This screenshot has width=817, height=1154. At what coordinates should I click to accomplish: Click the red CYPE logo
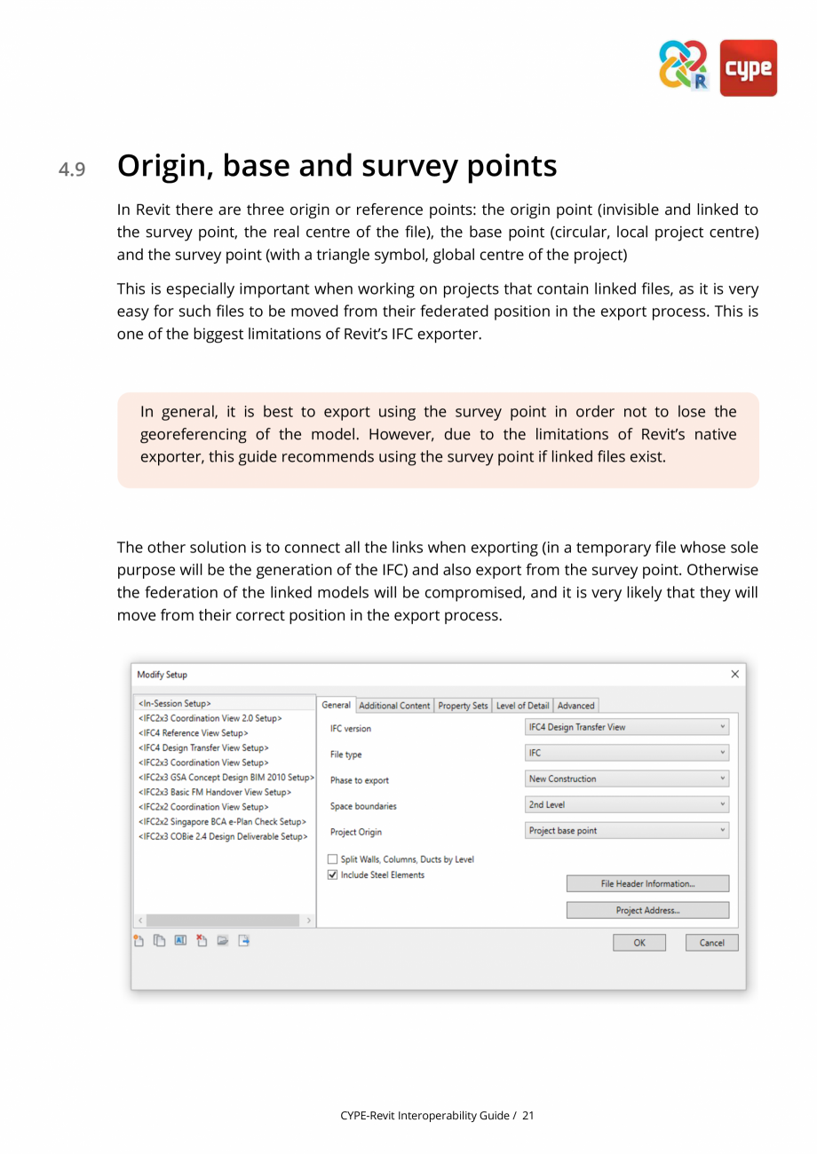[x=748, y=67]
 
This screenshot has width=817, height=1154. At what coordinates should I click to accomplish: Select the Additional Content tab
[x=394, y=706]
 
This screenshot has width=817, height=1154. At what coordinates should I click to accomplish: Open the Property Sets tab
[x=463, y=706]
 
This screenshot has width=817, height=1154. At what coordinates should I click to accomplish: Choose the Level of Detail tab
[x=522, y=706]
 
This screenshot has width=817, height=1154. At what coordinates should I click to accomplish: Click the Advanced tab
[x=575, y=706]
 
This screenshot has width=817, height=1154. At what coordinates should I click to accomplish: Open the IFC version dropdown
[x=627, y=727]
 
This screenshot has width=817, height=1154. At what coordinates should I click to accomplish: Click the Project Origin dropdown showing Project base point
[x=627, y=831]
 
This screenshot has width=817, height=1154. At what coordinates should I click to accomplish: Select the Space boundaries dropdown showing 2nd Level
[x=627, y=805]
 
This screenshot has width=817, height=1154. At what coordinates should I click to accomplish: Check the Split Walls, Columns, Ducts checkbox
[x=333, y=859]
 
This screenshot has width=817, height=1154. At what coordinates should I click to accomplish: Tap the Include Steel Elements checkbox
[x=333, y=874]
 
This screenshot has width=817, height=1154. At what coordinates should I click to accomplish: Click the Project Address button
[x=647, y=910]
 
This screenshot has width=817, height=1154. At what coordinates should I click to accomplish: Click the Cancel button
[x=711, y=943]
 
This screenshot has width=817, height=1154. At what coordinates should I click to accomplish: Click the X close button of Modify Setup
[x=734, y=675]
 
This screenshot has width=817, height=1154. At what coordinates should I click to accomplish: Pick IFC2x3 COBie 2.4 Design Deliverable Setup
[x=223, y=836]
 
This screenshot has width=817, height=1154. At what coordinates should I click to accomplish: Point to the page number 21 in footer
[x=528, y=1115]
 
